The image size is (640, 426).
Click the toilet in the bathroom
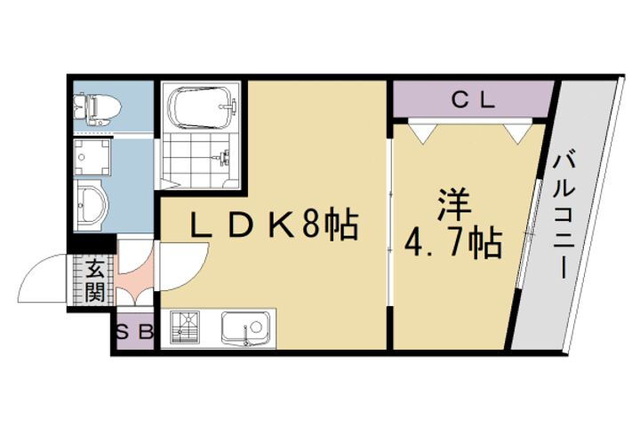95,107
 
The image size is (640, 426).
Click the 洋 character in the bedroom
451,203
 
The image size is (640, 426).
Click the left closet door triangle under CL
423,130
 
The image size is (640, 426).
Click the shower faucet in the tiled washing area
221,159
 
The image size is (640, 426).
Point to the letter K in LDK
280,227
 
